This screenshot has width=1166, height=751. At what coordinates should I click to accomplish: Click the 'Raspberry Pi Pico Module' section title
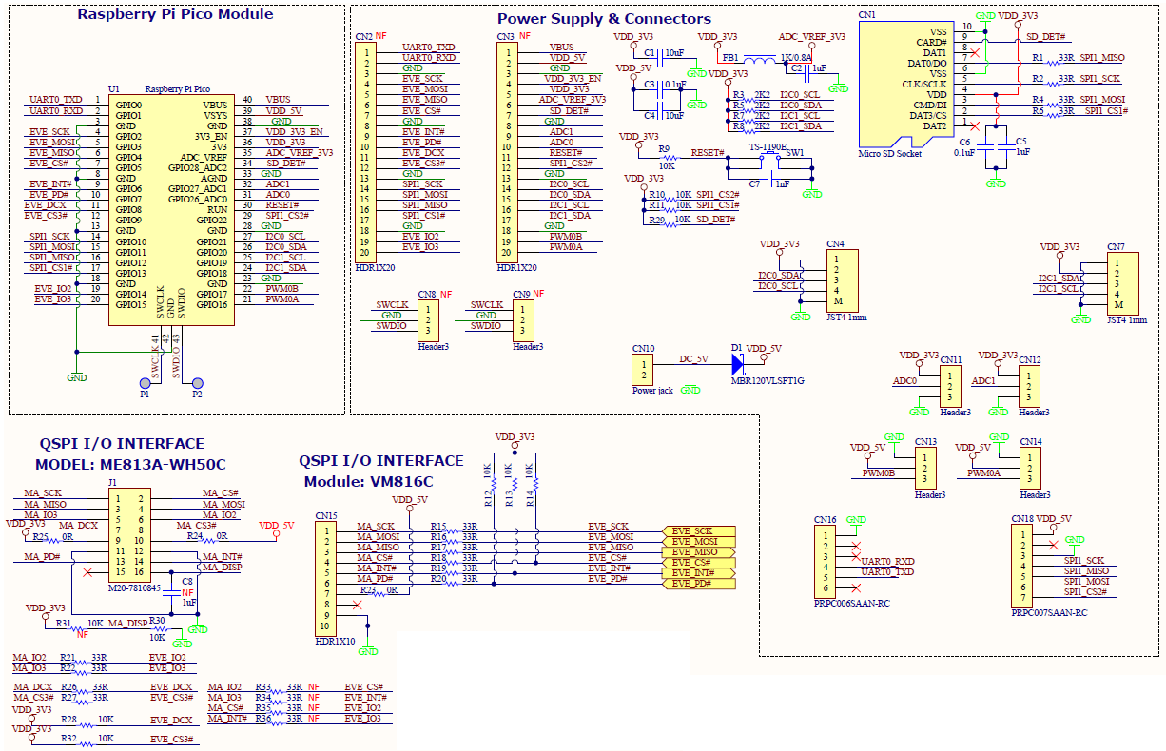click(x=175, y=14)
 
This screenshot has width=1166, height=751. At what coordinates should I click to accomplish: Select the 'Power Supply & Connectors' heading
click(x=604, y=19)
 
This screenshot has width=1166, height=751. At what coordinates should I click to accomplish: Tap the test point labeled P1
click(x=144, y=382)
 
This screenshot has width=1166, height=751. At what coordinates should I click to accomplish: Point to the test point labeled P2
click(x=197, y=382)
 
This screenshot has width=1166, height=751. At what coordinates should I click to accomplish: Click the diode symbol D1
click(x=737, y=361)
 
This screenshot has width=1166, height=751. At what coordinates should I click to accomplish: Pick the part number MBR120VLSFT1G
click(x=767, y=380)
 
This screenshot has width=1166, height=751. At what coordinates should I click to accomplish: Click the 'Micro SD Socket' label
click(x=889, y=153)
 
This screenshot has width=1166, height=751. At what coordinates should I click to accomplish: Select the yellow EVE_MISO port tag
click(x=699, y=551)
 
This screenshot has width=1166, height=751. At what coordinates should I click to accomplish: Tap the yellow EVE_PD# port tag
click(x=699, y=583)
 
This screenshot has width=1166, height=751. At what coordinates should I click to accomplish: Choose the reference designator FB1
click(x=730, y=57)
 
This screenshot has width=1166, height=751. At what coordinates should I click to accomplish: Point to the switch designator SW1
click(x=794, y=152)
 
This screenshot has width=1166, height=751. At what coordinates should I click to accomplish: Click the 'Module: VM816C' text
click(x=366, y=481)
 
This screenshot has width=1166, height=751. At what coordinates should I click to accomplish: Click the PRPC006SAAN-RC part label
click(x=851, y=603)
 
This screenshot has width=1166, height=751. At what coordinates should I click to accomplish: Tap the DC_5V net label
click(x=693, y=358)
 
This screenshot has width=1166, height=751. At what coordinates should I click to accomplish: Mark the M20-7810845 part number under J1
click(x=133, y=587)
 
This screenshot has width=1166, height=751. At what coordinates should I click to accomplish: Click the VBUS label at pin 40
click(x=278, y=99)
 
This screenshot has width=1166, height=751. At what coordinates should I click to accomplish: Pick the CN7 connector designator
click(x=1116, y=246)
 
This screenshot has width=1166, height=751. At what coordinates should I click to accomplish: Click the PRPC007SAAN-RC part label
click(x=1049, y=613)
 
